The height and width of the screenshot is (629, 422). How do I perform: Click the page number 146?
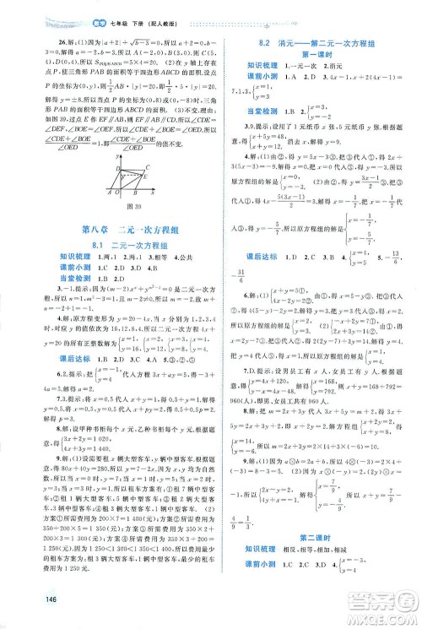(22, 613)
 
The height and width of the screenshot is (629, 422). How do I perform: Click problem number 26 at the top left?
(36, 40)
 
